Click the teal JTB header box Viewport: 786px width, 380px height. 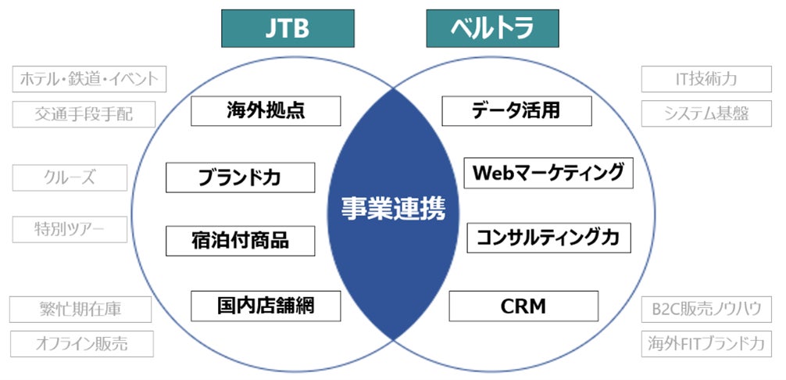tap(288, 28)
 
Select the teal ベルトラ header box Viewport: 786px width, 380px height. tap(492, 28)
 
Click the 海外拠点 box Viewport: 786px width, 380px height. tap(266, 111)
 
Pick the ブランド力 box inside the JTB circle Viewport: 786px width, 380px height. tap(240, 177)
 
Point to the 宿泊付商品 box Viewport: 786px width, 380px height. tap(240, 241)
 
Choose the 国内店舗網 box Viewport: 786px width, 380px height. tap(266, 306)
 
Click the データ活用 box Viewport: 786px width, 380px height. tap(516, 111)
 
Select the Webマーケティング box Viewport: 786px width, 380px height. tap(548, 173)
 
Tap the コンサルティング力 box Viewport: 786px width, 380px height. tap(548, 238)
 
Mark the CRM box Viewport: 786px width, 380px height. tap(523, 306)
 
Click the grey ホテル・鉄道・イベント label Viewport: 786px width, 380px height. tap(89, 79)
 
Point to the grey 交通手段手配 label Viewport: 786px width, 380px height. tap(84, 114)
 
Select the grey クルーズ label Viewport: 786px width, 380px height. tap(70, 177)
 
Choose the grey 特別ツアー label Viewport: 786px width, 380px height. tap(70, 229)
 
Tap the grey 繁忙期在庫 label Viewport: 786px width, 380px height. tap(80, 309)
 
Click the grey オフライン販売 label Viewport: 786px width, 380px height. tap(81, 343)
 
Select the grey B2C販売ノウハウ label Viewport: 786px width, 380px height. tap(706, 309)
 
